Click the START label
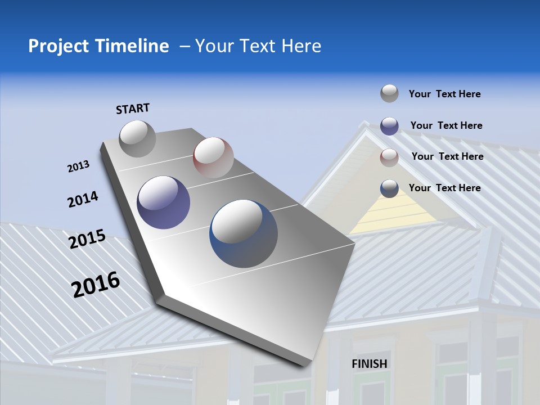pos(133,109)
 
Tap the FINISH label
pos(370,364)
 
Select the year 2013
pos(78,166)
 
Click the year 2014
pos(83,200)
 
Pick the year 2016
pos(96,285)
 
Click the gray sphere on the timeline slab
pos(137,138)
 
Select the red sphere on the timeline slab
pos(213,157)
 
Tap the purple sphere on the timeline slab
pos(164,202)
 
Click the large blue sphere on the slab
pos(244,233)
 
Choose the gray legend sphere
pos(389,93)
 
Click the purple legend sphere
pos(389,126)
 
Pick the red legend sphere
pos(389,157)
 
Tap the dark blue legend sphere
pos(389,188)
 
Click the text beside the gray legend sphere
pos(444,94)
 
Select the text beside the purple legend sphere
pos(446,125)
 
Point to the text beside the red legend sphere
pos(447,156)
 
